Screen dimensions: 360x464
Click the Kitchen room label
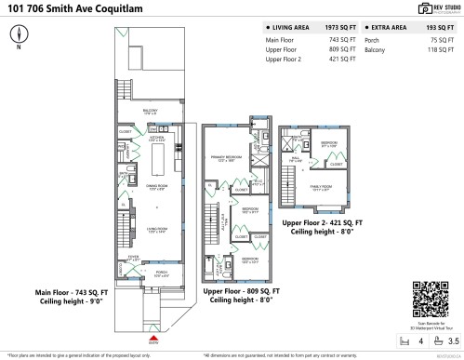coord(156,139)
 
